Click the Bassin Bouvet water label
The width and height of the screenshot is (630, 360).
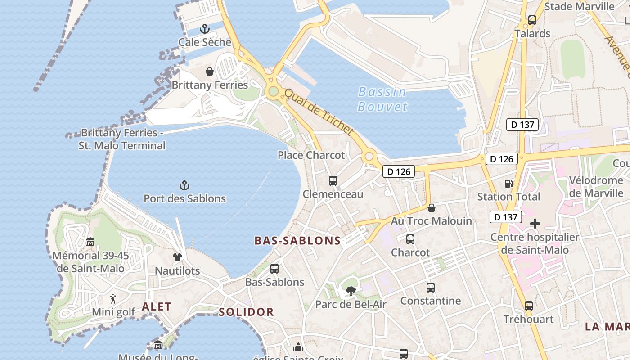(382, 99)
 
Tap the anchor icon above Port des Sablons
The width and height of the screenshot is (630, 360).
(184, 185)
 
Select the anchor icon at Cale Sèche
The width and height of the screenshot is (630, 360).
(205, 29)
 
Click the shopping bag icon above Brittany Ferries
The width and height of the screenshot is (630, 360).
(209, 72)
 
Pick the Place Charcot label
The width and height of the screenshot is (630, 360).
(311, 155)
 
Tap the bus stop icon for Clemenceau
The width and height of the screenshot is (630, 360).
(333, 181)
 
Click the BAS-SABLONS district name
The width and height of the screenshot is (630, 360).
(297, 241)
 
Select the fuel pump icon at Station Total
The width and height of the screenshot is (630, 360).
(508, 184)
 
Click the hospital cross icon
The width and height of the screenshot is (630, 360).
(535, 224)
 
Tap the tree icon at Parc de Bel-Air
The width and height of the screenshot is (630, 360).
(351, 291)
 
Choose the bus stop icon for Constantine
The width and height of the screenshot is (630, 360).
(431, 287)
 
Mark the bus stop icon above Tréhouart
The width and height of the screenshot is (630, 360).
(528, 306)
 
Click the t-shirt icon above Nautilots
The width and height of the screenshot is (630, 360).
(177, 257)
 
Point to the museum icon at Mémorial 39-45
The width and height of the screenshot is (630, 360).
(90, 242)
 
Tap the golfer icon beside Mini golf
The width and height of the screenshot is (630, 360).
(113, 299)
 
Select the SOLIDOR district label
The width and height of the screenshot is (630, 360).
(246, 312)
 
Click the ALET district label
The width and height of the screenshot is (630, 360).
(157, 307)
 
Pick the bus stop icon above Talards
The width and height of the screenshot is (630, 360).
(532, 20)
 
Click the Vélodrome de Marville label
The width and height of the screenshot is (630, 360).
(596, 187)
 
